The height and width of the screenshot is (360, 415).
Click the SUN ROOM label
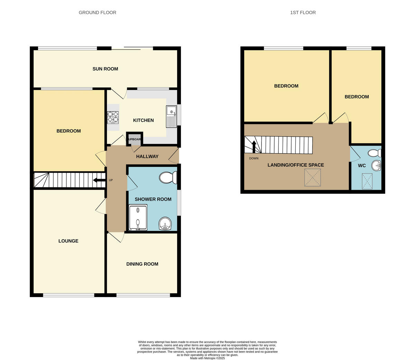pyautogui.click(x=105, y=69)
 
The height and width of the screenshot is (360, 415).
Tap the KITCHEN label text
pyautogui.click(x=143, y=120)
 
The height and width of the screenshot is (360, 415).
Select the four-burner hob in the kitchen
pyautogui.click(x=113, y=117)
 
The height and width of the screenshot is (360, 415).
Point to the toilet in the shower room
pyautogui.click(x=168, y=178)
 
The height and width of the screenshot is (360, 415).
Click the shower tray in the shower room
pyautogui.click(x=138, y=218)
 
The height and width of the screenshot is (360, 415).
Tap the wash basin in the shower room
pyautogui.click(x=166, y=224)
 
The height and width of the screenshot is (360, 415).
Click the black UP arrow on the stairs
pyautogui.click(x=99, y=180)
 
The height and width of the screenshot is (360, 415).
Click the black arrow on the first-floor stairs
pyautogui.click(x=254, y=147)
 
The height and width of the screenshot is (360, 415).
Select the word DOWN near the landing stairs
pyautogui.click(x=253, y=158)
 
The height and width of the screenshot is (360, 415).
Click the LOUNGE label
pyautogui.click(x=68, y=241)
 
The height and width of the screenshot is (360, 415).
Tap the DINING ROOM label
pyautogui.click(x=142, y=264)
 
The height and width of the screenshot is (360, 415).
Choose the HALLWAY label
pyautogui.click(x=147, y=156)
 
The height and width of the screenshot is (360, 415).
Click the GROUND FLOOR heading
pyautogui.click(x=97, y=12)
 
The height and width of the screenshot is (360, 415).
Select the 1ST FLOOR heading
pyautogui.click(x=303, y=12)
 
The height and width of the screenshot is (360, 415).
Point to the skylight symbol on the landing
pyautogui.click(x=312, y=177)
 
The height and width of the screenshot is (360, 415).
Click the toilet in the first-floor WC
pyautogui.click(x=374, y=153)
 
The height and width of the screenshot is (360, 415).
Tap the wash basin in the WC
pyautogui.click(x=376, y=166)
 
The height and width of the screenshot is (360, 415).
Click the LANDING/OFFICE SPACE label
pyautogui.click(x=296, y=165)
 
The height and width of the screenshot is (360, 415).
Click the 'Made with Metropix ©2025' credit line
pyautogui.click(x=207, y=358)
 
